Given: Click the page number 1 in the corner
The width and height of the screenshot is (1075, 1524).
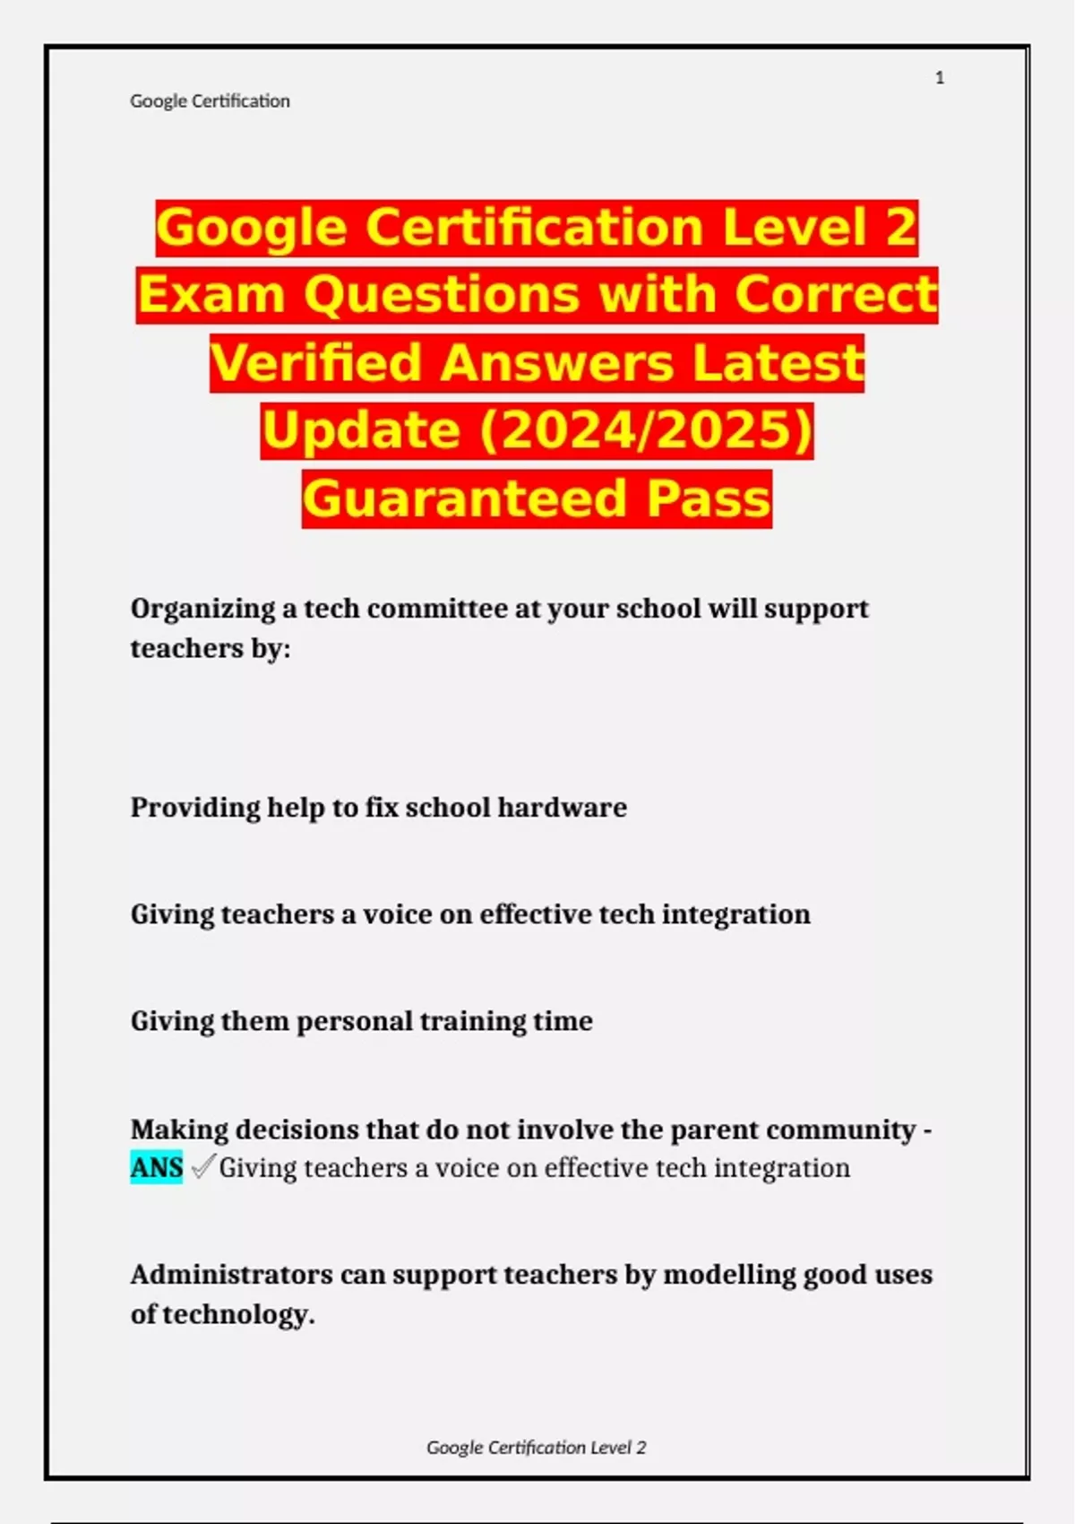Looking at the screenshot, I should tap(939, 78).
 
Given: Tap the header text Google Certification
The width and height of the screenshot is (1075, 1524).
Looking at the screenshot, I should tap(210, 101).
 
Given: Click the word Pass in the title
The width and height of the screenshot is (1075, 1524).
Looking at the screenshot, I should tap(709, 498).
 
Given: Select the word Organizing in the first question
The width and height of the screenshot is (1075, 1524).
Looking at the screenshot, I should tap(203, 609).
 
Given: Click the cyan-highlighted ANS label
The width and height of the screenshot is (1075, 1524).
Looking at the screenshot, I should tap(157, 1167).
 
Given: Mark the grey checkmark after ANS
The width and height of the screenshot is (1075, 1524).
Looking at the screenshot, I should tap(203, 1166).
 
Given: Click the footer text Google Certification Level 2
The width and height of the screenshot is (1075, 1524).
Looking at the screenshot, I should tap(536, 1447).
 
